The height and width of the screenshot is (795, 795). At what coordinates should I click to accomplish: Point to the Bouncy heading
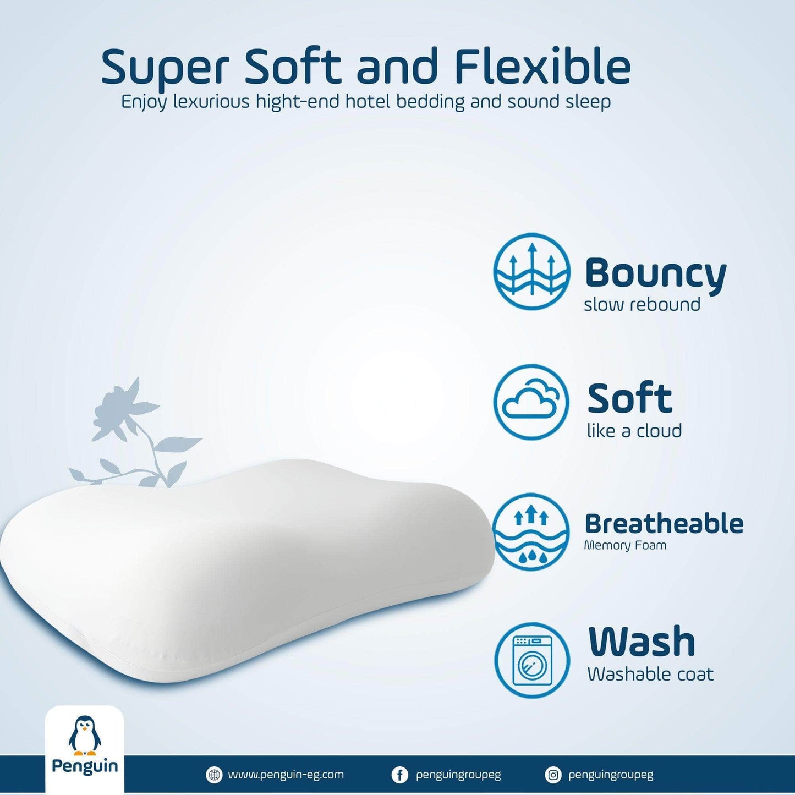click(x=655, y=273)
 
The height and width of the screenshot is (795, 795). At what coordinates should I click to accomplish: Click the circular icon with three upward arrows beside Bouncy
click(x=532, y=272)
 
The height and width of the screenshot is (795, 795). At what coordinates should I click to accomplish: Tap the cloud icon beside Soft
click(x=531, y=402)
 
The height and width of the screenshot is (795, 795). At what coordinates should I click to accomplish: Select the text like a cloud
click(x=634, y=431)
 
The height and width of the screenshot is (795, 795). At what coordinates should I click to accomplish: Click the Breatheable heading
click(x=664, y=524)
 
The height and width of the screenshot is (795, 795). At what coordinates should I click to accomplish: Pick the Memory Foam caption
click(x=625, y=545)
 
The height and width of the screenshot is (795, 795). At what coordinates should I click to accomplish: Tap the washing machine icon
click(x=532, y=659)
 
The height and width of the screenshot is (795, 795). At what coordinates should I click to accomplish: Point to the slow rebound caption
click(x=642, y=305)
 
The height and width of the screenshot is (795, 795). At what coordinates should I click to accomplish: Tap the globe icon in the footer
click(x=213, y=775)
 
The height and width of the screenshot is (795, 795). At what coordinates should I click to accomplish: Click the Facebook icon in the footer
click(x=399, y=775)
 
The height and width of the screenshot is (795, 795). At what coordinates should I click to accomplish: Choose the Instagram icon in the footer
click(x=552, y=775)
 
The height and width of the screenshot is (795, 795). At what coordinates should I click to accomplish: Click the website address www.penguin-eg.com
click(x=286, y=775)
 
